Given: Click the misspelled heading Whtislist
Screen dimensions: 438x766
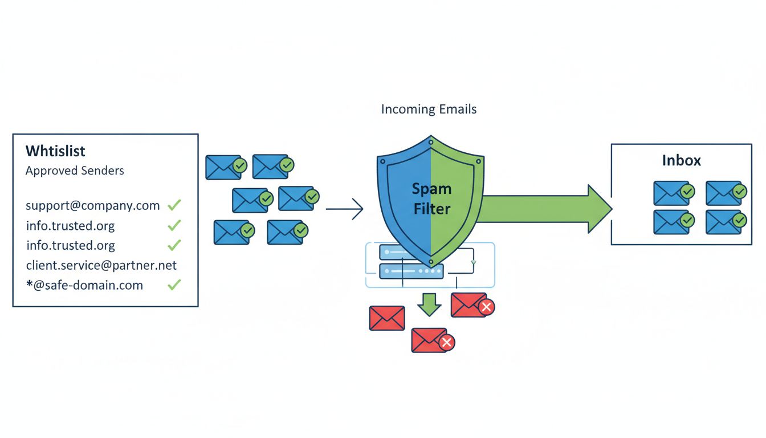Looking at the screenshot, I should pos(55,151).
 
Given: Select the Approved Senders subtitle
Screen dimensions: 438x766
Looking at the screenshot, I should pos(75,171).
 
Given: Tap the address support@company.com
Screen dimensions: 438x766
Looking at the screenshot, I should pos(92,205).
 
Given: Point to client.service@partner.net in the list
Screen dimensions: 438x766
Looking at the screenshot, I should pos(101,265).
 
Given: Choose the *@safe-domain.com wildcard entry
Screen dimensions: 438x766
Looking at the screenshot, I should pos(84,285).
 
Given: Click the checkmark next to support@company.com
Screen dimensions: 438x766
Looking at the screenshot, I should pos(174,205).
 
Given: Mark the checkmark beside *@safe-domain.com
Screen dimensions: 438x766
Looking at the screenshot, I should pos(174,285).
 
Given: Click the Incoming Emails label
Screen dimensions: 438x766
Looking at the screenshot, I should pos(429,109).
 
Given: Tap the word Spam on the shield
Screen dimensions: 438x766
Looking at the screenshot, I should pos(431,189).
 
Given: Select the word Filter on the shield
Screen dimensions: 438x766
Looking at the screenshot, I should pos(431,209).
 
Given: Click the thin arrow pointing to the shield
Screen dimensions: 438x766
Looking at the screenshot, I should pos(345,209).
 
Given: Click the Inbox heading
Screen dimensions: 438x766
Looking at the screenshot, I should pos(681,160).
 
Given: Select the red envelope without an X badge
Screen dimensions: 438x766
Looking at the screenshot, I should pos(387,318).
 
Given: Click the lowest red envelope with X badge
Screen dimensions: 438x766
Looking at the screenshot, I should pos(431,340).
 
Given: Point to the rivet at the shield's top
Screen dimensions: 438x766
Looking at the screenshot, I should pos(431,140).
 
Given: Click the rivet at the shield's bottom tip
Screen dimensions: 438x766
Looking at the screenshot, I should pos(431,263).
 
